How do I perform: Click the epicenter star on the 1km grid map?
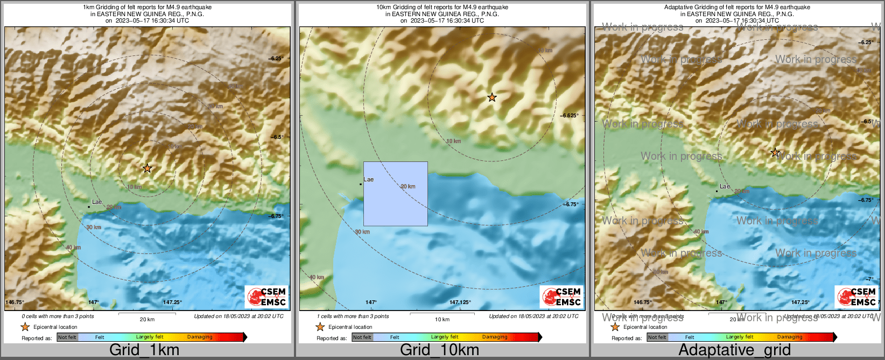coord(147,168)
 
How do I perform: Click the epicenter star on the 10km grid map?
coord(491,97)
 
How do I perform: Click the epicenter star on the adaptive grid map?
coord(775,152)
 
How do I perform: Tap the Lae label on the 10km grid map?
coord(369,180)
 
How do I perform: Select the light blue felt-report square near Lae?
coord(396,194)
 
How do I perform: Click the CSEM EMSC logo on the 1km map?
coord(266,297)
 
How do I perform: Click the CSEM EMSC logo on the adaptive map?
coord(856,297)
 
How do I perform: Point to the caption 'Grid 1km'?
coord(144,350)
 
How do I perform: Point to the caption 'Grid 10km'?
coord(439,350)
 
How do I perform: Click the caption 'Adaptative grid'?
coord(734,350)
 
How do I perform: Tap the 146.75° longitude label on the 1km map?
coord(15,302)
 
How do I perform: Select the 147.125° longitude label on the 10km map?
coord(460,302)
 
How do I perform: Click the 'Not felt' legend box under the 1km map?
coord(67,337)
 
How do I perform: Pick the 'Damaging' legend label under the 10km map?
coord(495,337)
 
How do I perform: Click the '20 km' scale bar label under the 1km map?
coord(147,320)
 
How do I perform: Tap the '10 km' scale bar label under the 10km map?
coord(442,320)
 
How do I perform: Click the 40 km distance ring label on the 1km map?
coord(73,248)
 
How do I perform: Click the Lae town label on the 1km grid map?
coord(97,202)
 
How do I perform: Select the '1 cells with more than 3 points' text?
coord(353,316)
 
